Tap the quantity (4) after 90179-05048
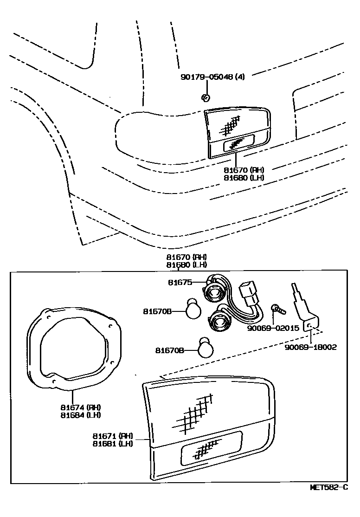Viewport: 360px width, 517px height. pos(240,77)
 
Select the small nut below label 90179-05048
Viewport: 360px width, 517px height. pos(206,97)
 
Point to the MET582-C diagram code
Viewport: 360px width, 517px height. pos(328,487)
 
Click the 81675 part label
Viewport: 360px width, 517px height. pos(179,282)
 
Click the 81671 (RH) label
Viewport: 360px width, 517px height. pos(113,436)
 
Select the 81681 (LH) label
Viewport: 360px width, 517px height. pos(113,443)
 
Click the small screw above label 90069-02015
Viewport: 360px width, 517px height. pos(275,308)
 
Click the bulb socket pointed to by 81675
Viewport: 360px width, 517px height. pos(215,292)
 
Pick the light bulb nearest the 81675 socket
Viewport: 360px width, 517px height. pos(193,310)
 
